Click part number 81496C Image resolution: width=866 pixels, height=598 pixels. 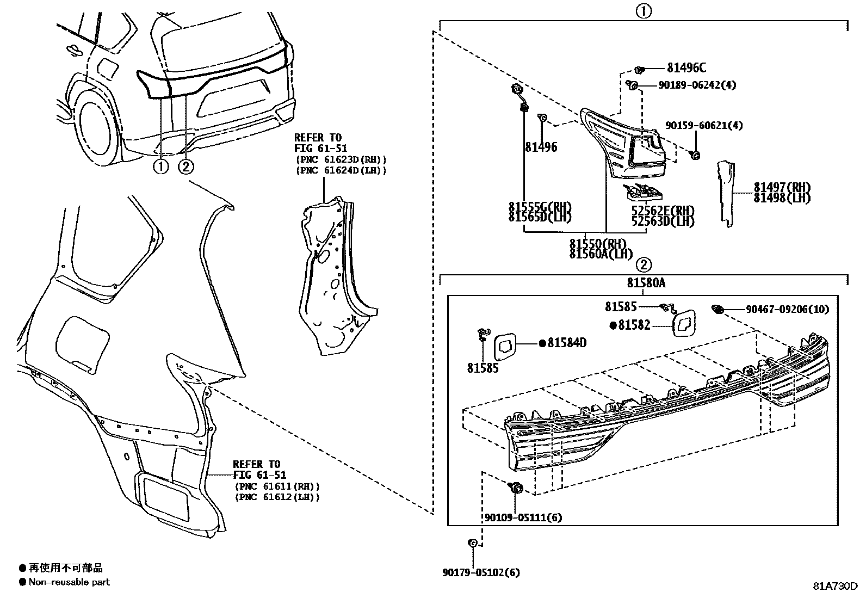(x=686, y=68)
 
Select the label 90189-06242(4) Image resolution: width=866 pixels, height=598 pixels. (x=697, y=85)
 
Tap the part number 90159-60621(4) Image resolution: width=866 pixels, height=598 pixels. (x=703, y=126)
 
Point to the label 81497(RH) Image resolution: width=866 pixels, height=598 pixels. (x=782, y=187)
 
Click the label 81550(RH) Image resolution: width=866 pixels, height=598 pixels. (x=598, y=244)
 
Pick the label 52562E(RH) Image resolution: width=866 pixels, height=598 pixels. (x=663, y=211)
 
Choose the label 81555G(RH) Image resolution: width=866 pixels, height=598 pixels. (x=540, y=207)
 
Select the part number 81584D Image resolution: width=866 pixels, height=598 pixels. (x=566, y=343)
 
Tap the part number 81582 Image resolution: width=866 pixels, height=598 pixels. (x=634, y=325)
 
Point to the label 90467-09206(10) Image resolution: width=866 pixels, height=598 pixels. (x=787, y=309)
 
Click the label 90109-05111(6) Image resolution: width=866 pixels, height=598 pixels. (x=523, y=517)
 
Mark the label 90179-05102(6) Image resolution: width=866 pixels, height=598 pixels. (x=481, y=572)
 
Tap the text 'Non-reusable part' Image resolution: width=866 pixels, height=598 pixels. (x=69, y=582)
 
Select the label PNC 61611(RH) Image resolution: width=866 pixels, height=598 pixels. (x=277, y=486)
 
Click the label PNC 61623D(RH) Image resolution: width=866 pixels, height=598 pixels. (x=341, y=159)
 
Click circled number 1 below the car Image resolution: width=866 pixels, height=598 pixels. (x=160, y=167)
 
